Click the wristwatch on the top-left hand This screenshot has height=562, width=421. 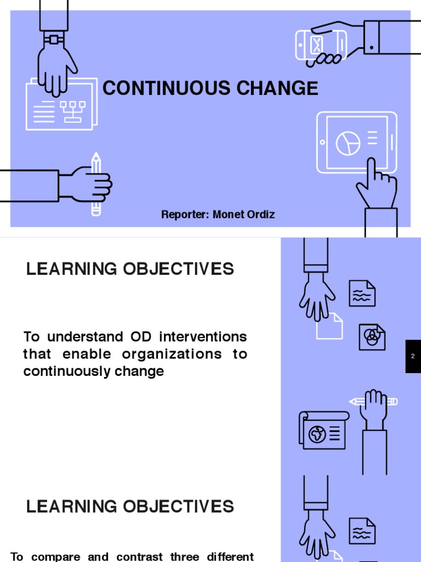(54, 40)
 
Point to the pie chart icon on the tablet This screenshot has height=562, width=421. (347, 143)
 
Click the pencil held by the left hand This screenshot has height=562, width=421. (96, 184)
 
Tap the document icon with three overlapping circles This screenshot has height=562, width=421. (372, 336)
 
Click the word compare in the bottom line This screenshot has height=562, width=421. (54, 557)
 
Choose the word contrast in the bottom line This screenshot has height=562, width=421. (136, 557)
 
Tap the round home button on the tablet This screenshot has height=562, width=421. (323, 143)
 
